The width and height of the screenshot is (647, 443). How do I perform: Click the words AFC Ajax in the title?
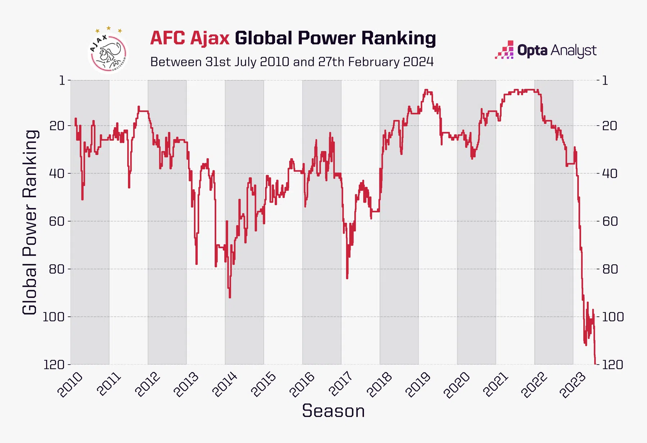pyautogui.click(x=190, y=38)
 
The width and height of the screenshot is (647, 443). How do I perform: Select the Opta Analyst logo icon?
pyautogui.click(x=504, y=50)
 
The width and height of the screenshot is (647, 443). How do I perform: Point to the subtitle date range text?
pyautogui.click(x=292, y=62)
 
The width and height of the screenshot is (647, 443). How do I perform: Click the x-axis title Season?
pyautogui.click(x=333, y=411)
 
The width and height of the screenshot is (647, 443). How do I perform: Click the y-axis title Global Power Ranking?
pyautogui.click(x=30, y=222)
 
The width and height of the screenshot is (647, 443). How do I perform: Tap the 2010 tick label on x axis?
pyautogui.click(x=70, y=385)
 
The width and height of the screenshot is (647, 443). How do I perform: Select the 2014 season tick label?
pyautogui.click(x=225, y=385)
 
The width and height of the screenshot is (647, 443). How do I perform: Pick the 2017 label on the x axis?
pyautogui.click(x=341, y=385)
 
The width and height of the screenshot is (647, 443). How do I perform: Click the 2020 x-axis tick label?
pyautogui.click(x=457, y=385)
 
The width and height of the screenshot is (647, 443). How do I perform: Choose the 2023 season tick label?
pyautogui.click(x=573, y=385)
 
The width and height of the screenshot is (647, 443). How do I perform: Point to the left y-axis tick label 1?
pyautogui.click(x=63, y=80)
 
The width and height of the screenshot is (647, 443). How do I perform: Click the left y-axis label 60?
pyautogui.click(x=57, y=221)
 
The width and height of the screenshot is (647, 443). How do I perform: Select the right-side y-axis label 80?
pyautogui.click(x=610, y=269)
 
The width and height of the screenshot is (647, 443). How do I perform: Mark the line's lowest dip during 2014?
pyautogui.click(x=230, y=297)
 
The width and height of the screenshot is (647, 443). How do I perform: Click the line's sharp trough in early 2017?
pyautogui.click(x=347, y=277)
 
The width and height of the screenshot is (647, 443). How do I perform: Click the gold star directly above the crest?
pyautogui.click(x=108, y=28)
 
